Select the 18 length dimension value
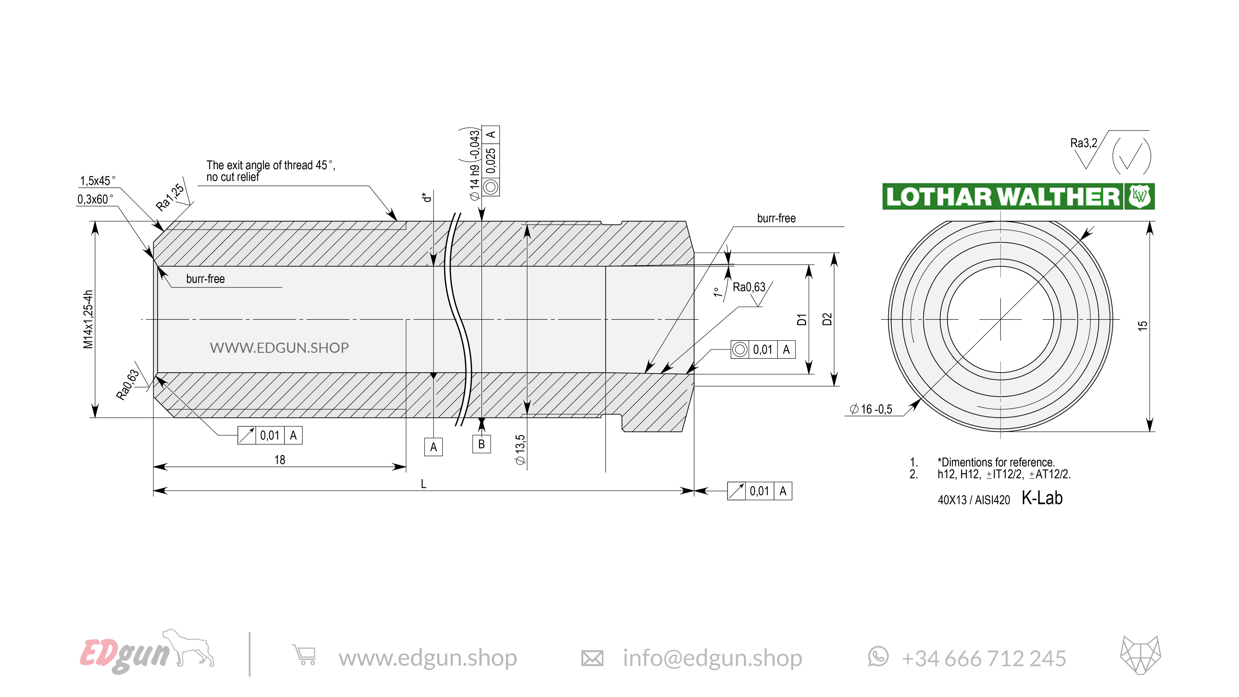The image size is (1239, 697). click(x=279, y=460)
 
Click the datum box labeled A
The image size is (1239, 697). click(x=433, y=447)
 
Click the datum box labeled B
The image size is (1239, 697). click(x=481, y=444)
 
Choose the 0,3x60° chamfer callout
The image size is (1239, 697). click(x=95, y=199)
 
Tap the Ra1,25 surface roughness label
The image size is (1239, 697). click(x=170, y=197)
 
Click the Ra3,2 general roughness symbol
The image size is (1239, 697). click(x=1083, y=143)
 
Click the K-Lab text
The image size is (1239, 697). click(x=1042, y=498)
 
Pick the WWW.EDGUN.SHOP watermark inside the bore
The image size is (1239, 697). click(x=279, y=347)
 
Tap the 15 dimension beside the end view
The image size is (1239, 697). click(x=1142, y=325)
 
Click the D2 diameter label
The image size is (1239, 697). click(x=827, y=319)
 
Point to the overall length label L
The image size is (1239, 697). click(x=423, y=484)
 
